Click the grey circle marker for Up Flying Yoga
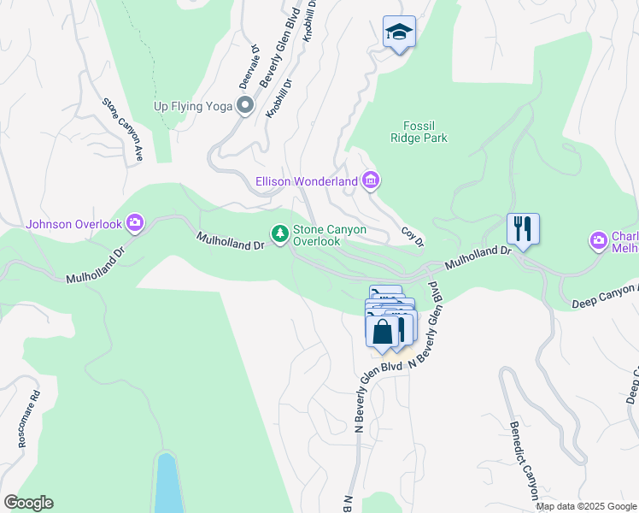click(x=245, y=106)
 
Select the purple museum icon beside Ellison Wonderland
click(x=371, y=180)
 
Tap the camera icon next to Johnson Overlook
click(x=135, y=224)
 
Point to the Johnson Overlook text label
click(x=74, y=225)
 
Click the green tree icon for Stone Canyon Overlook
click(x=279, y=233)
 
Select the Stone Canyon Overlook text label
click(x=318, y=235)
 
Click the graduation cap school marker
click(x=399, y=32)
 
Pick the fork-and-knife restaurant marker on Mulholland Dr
click(x=523, y=229)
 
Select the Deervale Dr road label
click(x=249, y=68)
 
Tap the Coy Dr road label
click(x=413, y=238)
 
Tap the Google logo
click(x=27, y=503)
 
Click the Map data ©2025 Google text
click(x=586, y=506)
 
